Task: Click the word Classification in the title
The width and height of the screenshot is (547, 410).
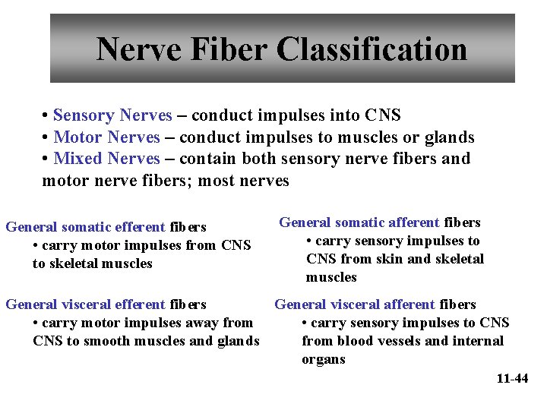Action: [372, 50]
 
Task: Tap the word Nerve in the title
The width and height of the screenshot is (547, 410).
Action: [140, 50]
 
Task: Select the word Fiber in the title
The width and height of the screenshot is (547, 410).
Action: [229, 50]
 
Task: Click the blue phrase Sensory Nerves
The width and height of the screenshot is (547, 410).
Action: [112, 115]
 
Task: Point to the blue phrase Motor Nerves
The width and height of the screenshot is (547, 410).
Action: [107, 137]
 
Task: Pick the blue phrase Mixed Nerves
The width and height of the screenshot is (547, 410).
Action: [107, 159]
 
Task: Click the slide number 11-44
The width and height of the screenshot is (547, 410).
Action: [512, 378]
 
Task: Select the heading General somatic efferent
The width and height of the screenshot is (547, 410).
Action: [85, 227]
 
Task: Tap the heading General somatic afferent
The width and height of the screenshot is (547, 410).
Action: [359, 222]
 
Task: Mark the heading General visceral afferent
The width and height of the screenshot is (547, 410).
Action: [355, 304]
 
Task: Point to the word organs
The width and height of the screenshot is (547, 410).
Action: [324, 359]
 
